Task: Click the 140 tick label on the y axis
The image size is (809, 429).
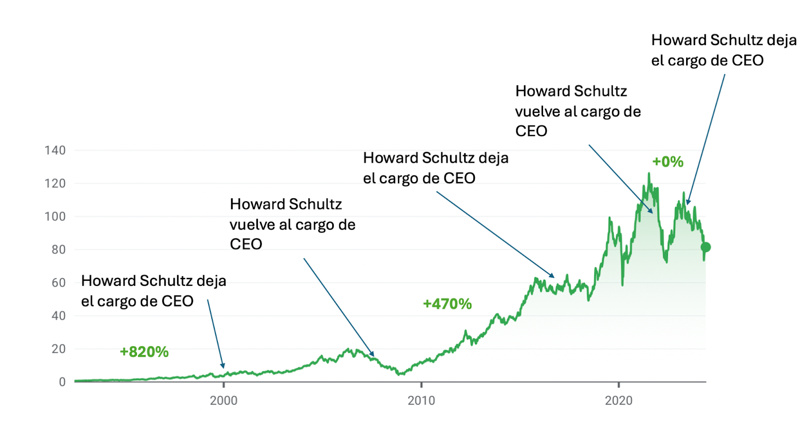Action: pyautogui.click(x=55, y=150)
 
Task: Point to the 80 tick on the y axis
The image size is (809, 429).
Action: pyautogui.click(x=58, y=249)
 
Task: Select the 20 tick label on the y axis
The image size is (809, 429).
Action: pyautogui.click(x=58, y=349)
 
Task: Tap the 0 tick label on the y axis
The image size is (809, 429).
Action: pyautogui.click(x=62, y=382)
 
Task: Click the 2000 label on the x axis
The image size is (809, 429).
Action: pyautogui.click(x=223, y=401)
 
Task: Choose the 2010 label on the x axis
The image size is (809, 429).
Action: pyautogui.click(x=421, y=401)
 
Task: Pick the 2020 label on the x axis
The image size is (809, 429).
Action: pyautogui.click(x=618, y=401)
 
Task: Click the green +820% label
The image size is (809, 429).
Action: pyautogui.click(x=144, y=352)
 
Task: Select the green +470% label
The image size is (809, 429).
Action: pyautogui.click(x=447, y=304)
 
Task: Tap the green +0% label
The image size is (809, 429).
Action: pyautogui.click(x=667, y=162)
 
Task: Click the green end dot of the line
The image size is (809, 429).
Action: pyautogui.click(x=706, y=247)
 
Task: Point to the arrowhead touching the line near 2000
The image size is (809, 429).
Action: pyautogui.click(x=222, y=366)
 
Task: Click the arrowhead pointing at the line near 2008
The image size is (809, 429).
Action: pyautogui.click(x=372, y=354)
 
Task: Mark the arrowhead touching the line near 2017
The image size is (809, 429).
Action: pyautogui.click(x=553, y=276)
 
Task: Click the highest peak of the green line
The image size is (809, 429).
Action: pyautogui.click(x=649, y=174)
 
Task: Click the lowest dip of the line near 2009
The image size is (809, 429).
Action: pyautogui.click(x=400, y=374)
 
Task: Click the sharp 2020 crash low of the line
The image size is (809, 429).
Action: pyautogui.click(x=622, y=285)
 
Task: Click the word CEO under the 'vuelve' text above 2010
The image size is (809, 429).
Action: pyautogui.click(x=246, y=244)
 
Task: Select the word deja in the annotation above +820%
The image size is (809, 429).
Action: pyautogui.click(x=211, y=281)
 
